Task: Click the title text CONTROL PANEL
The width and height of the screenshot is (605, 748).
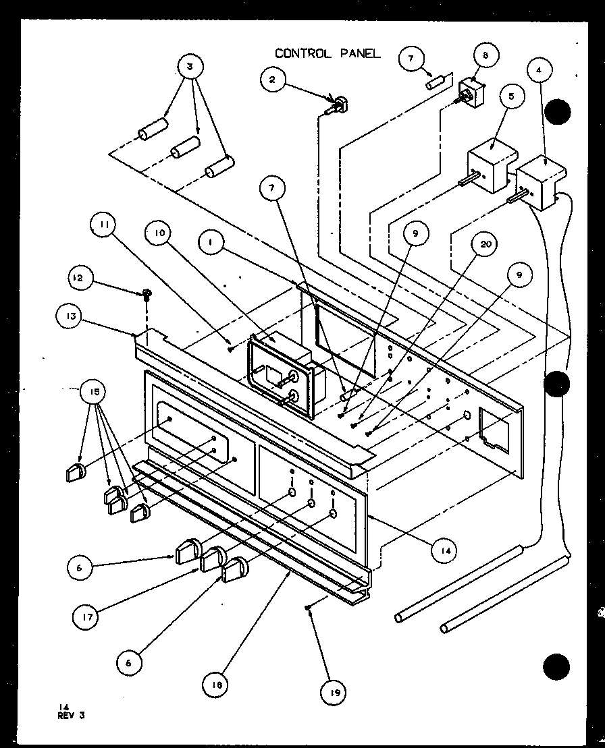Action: point(327,53)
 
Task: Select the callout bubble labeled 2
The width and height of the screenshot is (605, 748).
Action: point(273,80)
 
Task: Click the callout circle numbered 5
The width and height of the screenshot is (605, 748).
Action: point(512,97)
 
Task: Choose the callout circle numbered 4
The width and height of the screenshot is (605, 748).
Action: point(544,69)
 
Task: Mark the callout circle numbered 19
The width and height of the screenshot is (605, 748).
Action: point(335,691)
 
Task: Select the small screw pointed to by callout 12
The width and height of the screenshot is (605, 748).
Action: point(146,294)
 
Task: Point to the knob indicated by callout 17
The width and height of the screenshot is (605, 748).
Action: point(213,558)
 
